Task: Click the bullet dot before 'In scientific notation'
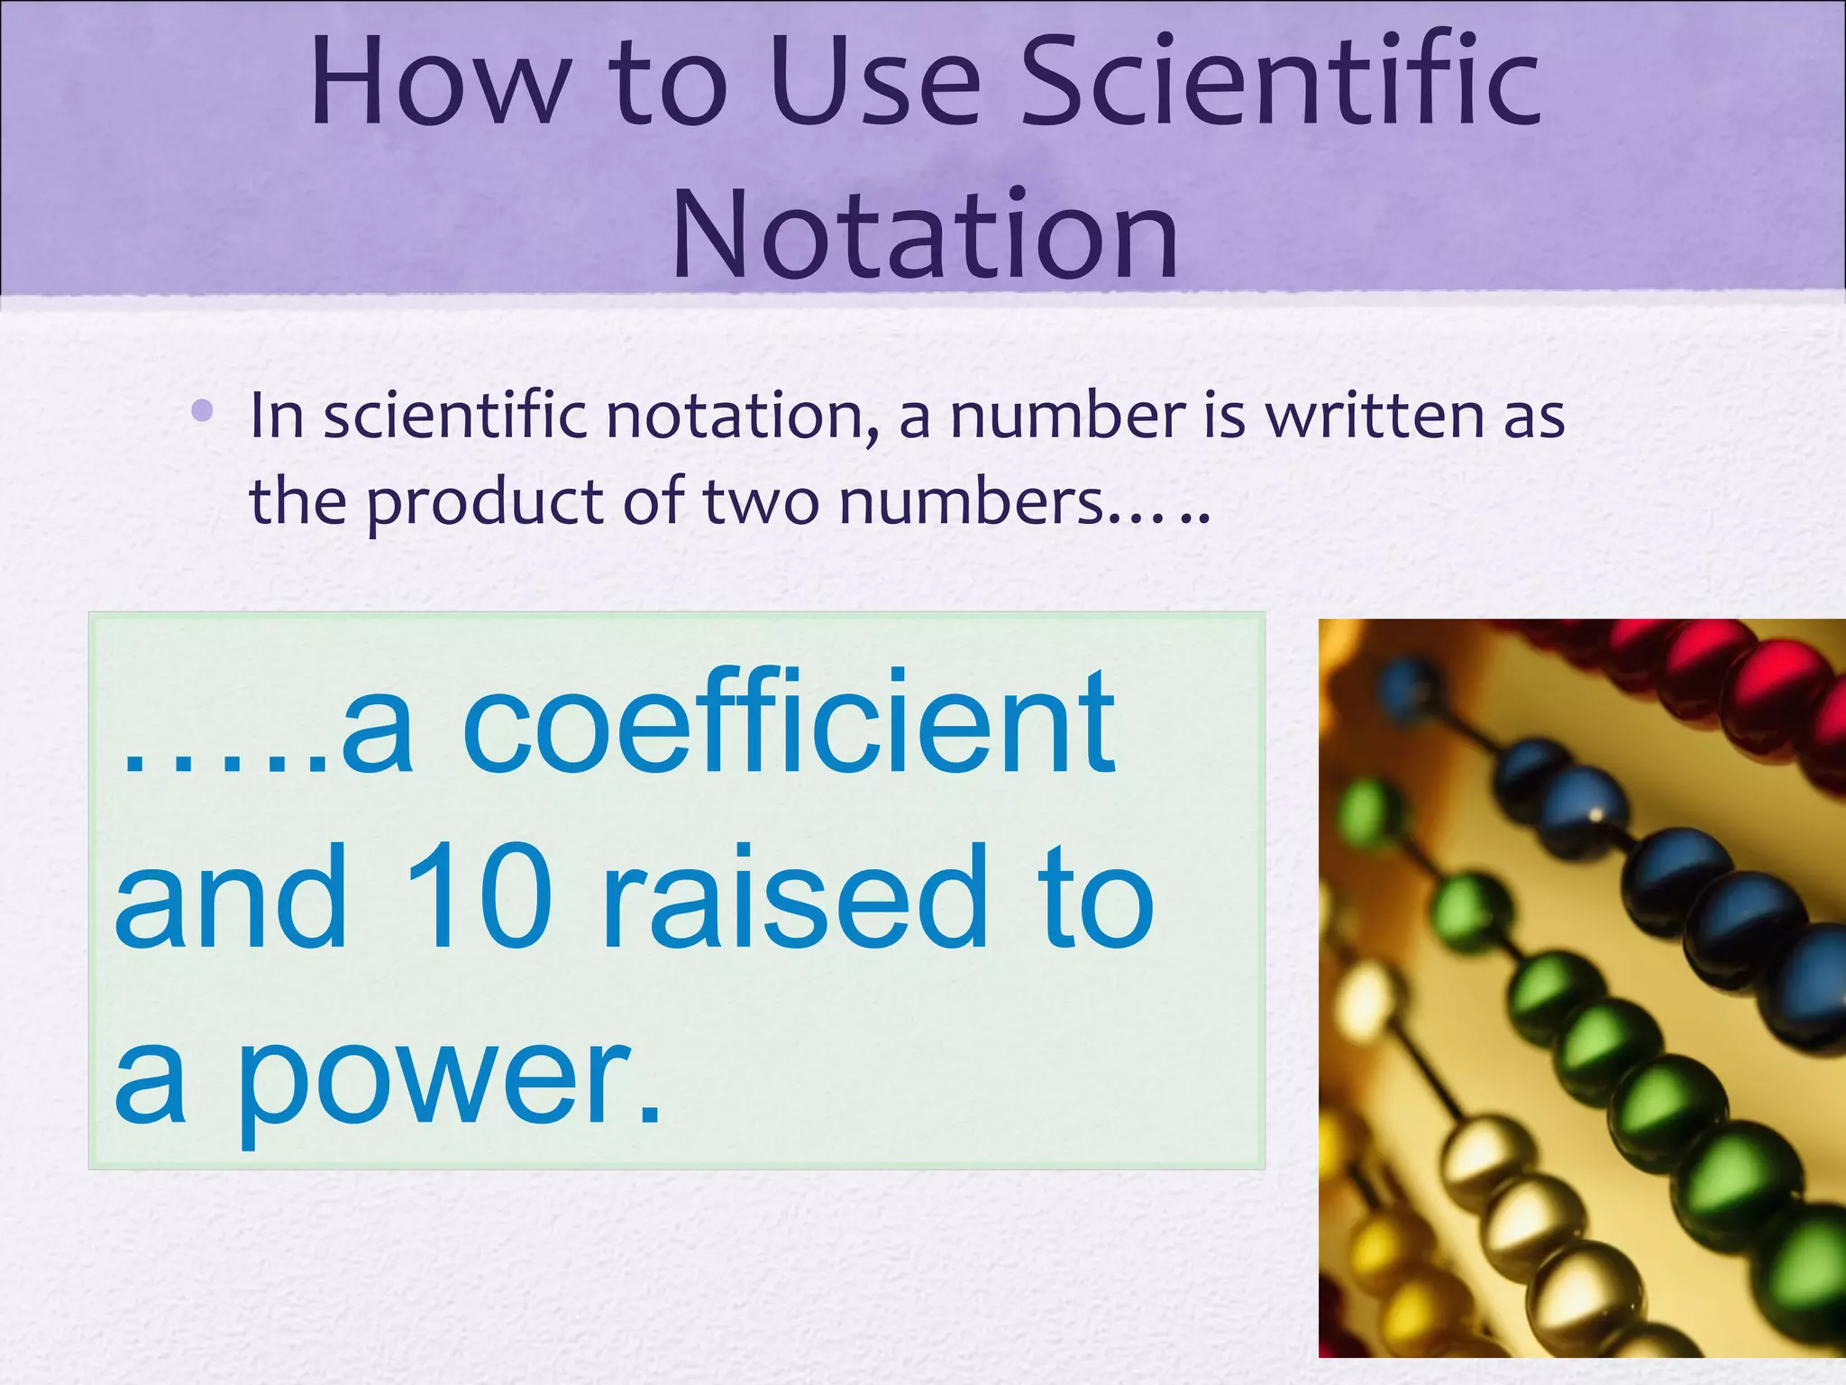point(203,412)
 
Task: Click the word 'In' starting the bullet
point(276,417)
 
